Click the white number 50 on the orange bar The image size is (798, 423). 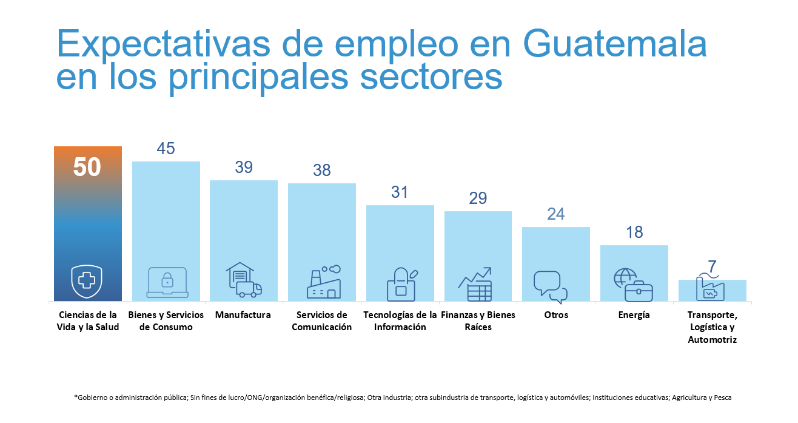(x=87, y=167)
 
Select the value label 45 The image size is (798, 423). (x=166, y=149)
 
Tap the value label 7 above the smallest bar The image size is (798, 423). (x=712, y=267)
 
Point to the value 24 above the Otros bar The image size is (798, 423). (x=555, y=214)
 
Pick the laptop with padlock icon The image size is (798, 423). (x=167, y=282)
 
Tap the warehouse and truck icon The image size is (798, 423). (x=243, y=280)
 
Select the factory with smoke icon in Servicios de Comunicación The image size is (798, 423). (x=323, y=282)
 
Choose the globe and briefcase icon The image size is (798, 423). (x=632, y=285)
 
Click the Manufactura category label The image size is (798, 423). (x=243, y=315)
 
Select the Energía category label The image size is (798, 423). (x=634, y=315)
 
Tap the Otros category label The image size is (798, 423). (x=555, y=315)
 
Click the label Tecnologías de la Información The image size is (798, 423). (x=400, y=321)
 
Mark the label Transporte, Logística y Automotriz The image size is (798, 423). (x=712, y=327)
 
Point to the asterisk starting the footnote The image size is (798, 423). (x=76, y=398)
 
